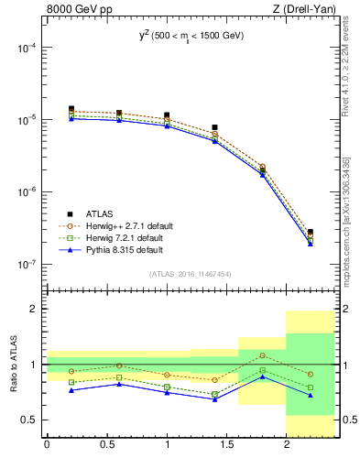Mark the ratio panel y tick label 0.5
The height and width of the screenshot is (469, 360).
[x=30, y=420]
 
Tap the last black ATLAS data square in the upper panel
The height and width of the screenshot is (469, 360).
[x=311, y=233]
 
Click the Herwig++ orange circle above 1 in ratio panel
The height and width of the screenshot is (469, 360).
[x=263, y=355]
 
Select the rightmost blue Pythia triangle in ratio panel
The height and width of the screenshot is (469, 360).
[x=311, y=395]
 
